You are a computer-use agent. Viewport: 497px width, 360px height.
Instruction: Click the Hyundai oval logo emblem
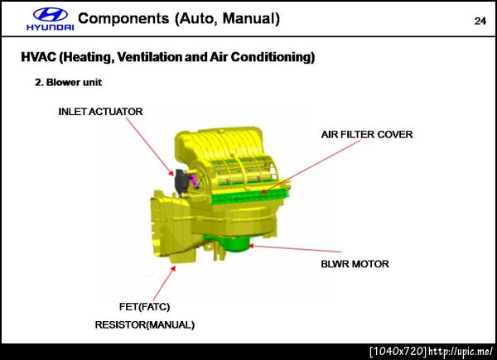click(50, 15)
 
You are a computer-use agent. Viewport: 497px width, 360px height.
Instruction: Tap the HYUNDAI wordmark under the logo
click(51, 27)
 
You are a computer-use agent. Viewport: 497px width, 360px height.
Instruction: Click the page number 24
click(480, 21)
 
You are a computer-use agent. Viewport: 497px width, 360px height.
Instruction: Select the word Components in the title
click(123, 19)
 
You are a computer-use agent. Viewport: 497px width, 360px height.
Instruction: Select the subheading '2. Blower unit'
click(69, 82)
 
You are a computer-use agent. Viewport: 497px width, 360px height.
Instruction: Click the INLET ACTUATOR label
click(100, 112)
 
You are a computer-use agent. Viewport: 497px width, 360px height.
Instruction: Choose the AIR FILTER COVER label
click(367, 135)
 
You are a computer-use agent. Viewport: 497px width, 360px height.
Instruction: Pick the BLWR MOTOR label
click(355, 264)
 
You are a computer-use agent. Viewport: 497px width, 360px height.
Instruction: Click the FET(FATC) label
click(144, 307)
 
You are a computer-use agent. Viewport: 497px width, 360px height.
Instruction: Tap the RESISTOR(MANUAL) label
click(144, 325)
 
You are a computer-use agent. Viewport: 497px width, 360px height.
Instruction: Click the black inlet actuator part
click(180, 181)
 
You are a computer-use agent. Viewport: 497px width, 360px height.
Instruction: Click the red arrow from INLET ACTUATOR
click(150, 147)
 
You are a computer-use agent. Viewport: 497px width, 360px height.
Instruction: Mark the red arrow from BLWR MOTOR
click(295, 248)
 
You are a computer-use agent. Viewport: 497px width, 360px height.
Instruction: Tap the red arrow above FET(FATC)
click(164, 283)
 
